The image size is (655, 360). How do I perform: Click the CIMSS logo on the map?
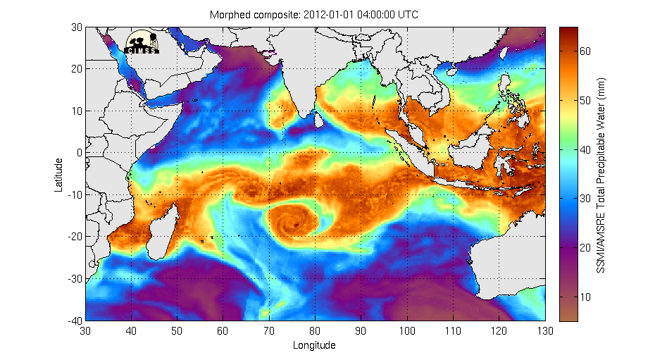tap(142, 42)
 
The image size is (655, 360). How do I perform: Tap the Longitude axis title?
tap(314, 345)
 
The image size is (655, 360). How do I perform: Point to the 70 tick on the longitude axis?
tap(269, 330)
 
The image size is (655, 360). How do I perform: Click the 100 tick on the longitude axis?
tap(407, 330)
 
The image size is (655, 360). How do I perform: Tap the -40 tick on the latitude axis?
tap(74, 321)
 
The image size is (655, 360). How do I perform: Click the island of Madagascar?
tap(164, 225)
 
